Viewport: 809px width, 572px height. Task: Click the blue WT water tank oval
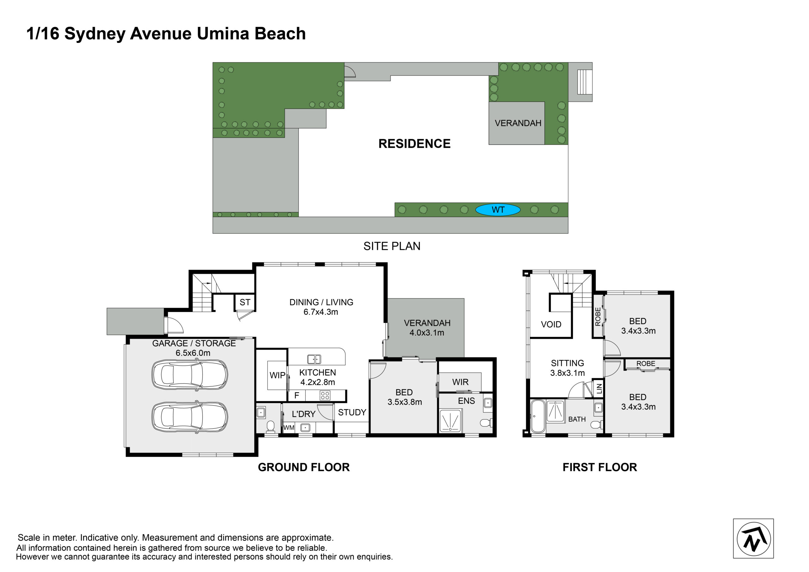click(x=497, y=210)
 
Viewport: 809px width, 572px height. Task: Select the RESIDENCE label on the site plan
click(x=414, y=143)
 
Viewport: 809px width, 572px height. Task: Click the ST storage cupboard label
click(x=245, y=302)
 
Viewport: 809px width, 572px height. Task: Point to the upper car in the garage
click(x=190, y=374)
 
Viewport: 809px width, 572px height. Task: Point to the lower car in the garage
click(x=190, y=417)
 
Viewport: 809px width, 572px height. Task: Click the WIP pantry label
click(x=277, y=375)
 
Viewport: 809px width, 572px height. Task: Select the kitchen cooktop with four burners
click(x=325, y=395)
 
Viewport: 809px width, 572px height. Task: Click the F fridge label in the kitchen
click(x=297, y=395)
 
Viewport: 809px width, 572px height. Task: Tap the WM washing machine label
click(x=289, y=428)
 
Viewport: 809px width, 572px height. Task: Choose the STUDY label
click(x=352, y=412)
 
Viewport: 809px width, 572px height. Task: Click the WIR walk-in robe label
click(x=460, y=382)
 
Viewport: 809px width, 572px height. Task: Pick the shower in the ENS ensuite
click(x=450, y=420)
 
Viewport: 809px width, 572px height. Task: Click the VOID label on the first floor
click(x=551, y=324)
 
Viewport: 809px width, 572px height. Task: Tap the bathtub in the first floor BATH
click(x=538, y=416)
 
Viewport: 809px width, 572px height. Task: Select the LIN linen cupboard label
click(x=599, y=389)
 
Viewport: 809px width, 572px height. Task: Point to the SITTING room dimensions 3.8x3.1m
click(x=567, y=373)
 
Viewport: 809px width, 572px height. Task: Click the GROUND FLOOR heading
click(x=304, y=467)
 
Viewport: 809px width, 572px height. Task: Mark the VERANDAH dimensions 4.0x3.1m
click(x=427, y=333)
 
